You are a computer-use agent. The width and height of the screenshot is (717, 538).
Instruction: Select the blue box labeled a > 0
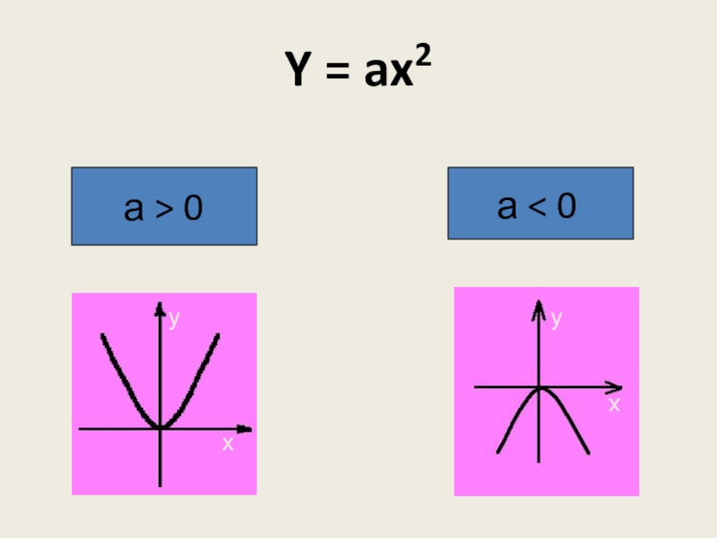164,206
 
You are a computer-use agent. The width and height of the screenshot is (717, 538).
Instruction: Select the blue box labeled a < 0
540,204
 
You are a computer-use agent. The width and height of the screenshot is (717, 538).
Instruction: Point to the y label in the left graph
175,317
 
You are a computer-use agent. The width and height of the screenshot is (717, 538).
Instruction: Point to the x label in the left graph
228,443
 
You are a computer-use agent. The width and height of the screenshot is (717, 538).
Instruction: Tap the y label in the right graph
557,317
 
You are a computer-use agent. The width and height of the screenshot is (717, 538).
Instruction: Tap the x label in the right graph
614,404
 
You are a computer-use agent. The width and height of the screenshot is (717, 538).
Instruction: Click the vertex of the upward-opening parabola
160,428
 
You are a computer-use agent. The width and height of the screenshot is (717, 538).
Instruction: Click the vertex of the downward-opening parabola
540,388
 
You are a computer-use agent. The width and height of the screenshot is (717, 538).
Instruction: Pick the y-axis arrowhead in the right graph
539,308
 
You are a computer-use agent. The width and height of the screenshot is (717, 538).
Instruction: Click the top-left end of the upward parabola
103,335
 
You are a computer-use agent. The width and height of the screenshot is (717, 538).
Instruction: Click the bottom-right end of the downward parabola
588,453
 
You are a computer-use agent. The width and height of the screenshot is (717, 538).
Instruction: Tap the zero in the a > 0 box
194,209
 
